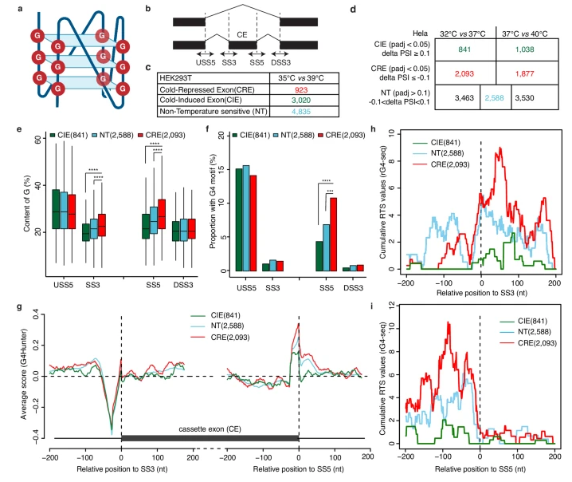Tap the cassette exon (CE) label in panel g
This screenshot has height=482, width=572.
tap(210, 428)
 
